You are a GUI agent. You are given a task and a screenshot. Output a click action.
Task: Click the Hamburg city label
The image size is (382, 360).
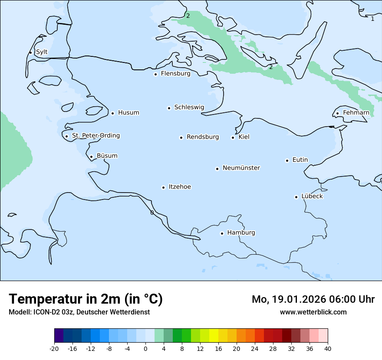[x=241, y=232]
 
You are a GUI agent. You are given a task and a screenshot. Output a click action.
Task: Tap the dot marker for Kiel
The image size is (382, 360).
[x=233, y=137]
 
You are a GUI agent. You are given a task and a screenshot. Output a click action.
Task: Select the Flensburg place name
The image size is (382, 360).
[x=175, y=74]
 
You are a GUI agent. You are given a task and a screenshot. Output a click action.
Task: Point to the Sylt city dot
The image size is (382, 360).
[x=30, y=52]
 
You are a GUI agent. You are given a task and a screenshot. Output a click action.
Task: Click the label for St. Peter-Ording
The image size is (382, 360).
[x=95, y=136]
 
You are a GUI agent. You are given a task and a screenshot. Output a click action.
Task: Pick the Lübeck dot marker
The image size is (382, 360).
[x=296, y=197]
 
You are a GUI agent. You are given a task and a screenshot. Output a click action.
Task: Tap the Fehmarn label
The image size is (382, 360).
[x=356, y=113]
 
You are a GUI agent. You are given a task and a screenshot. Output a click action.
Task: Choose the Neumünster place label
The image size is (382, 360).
[x=241, y=168]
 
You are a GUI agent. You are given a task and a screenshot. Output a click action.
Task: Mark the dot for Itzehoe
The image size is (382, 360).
[x=163, y=187]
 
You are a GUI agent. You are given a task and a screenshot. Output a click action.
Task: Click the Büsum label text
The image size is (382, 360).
[x=107, y=156]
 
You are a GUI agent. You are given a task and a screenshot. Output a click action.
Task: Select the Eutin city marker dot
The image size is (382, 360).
[x=287, y=160]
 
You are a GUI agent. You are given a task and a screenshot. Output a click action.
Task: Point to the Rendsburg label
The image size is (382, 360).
[x=203, y=137]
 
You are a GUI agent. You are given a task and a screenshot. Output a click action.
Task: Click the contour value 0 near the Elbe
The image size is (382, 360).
[x=152, y=213]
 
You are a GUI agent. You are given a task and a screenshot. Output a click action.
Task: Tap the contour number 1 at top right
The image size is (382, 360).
[x=372, y=19]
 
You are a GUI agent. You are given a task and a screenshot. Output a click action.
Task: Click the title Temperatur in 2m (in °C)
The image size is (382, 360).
[x=86, y=299]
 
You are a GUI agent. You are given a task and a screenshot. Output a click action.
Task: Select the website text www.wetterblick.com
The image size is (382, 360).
[x=313, y=312]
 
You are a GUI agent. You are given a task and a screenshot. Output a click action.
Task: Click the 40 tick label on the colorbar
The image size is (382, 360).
[x=328, y=349]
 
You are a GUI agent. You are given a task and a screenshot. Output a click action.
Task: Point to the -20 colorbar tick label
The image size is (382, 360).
[x=54, y=349]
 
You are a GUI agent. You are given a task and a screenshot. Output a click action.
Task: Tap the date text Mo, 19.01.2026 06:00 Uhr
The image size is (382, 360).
[x=313, y=299]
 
